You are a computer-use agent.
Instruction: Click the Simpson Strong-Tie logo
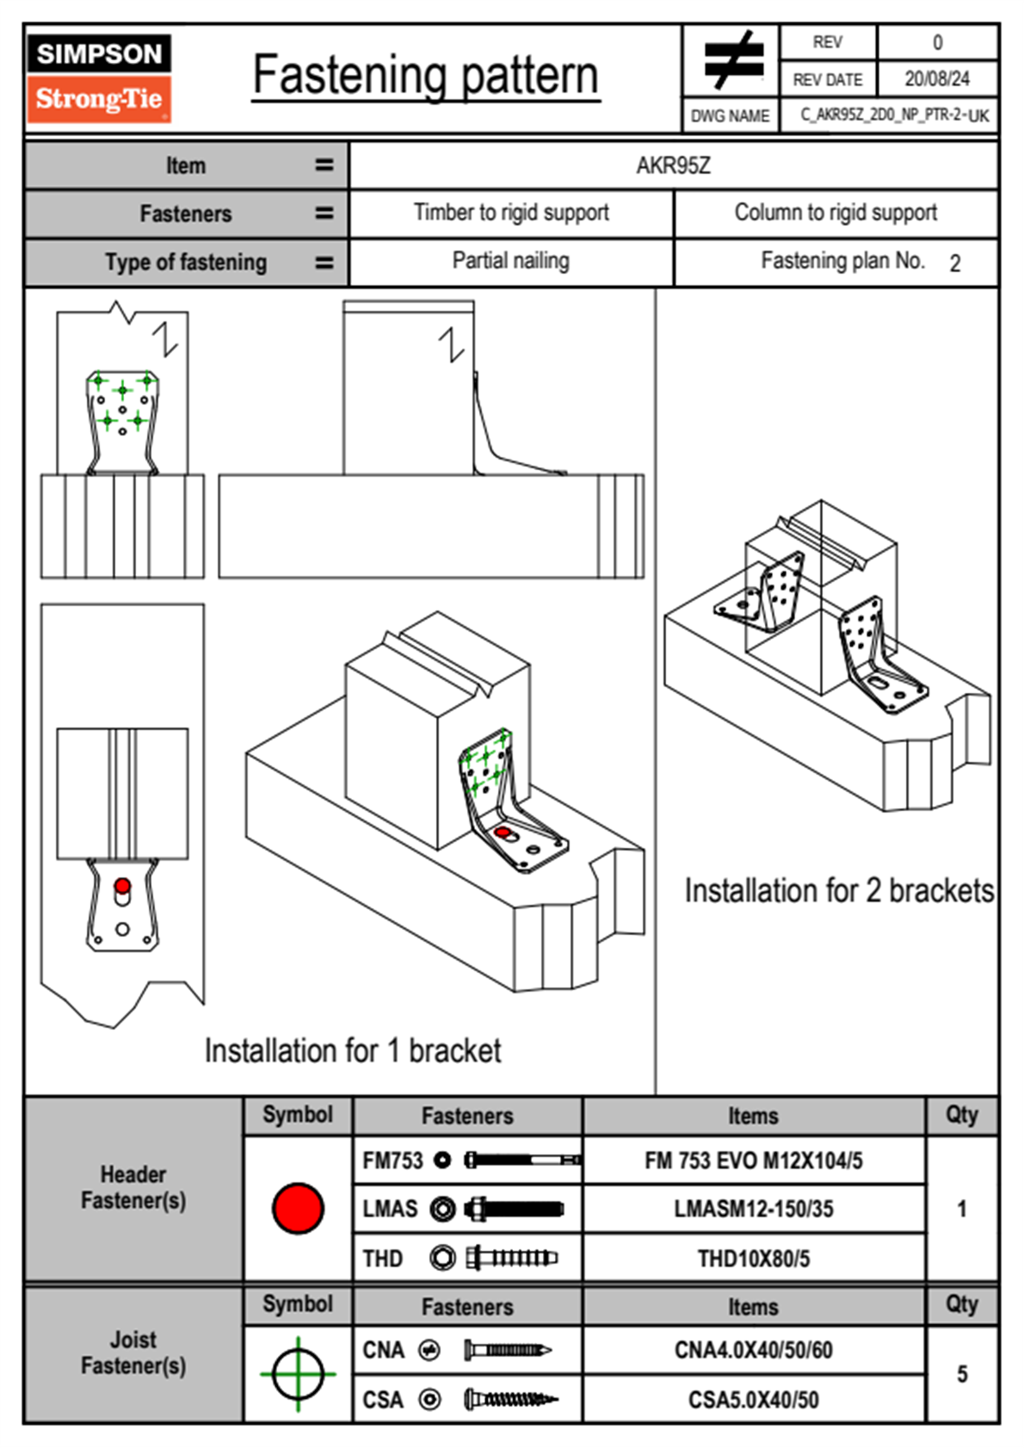point(99,78)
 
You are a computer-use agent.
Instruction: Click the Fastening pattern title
point(426,76)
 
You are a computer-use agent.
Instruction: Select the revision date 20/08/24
point(936,79)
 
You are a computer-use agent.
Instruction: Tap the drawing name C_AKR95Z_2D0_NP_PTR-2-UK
point(894,115)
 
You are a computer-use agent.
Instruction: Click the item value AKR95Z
point(673,165)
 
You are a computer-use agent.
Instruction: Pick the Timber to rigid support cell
point(511,213)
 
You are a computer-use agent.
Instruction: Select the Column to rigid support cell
point(836,213)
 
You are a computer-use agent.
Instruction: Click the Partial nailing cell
point(511,261)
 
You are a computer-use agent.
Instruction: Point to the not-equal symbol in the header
point(732,61)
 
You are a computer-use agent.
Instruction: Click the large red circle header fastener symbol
point(298,1208)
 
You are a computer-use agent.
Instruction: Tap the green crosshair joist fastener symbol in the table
point(298,1374)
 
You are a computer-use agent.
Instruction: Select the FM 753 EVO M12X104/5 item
point(754,1160)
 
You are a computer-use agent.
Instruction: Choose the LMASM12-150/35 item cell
point(754,1209)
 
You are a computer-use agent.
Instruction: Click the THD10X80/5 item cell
point(754,1259)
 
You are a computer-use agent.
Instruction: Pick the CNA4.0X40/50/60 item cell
point(754,1350)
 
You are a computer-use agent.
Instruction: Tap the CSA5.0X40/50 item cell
point(754,1399)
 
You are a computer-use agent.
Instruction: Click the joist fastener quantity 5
point(962,1374)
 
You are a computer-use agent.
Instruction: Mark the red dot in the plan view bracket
point(122,886)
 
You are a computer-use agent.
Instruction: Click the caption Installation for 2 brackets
point(839,891)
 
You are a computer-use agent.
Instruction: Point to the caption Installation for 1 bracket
point(353,1051)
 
